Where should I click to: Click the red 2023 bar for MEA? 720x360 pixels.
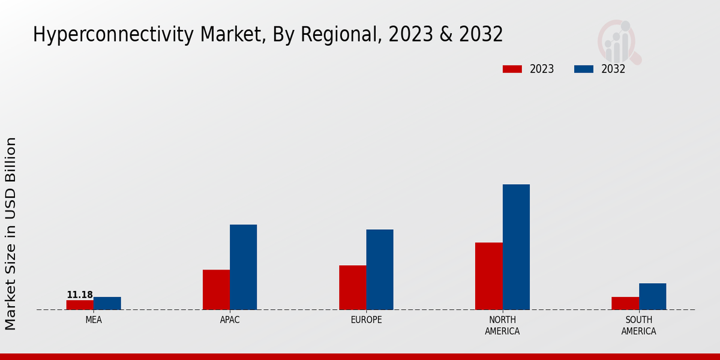pyautogui.click(x=80, y=305)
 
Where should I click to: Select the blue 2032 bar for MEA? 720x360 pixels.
pyautogui.click(x=107, y=303)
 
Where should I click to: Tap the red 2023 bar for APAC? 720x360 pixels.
pyautogui.click(x=216, y=290)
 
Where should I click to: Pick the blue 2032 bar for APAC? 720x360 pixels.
pyautogui.click(x=243, y=267)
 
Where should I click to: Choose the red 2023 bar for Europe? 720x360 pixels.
pyautogui.click(x=352, y=287)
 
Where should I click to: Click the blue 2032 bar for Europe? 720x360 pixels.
pyautogui.click(x=380, y=269)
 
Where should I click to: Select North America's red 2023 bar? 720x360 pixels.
pyautogui.click(x=488, y=276)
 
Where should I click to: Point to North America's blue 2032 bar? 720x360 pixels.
pyautogui.click(x=516, y=247)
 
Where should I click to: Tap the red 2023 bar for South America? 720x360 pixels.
pyautogui.click(x=625, y=303)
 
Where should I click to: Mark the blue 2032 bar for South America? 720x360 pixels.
pyautogui.click(x=652, y=296)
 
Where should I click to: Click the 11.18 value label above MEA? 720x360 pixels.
pyautogui.click(x=80, y=295)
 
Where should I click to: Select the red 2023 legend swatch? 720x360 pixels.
pyautogui.click(x=512, y=69)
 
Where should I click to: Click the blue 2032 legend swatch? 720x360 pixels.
pyautogui.click(x=584, y=69)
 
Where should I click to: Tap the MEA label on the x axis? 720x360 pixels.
pyautogui.click(x=94, y=320)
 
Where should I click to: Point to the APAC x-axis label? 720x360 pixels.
pyautogui.click(x=230, y=320)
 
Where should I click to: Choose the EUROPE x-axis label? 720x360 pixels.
pyautogui.click(x=366, y=320)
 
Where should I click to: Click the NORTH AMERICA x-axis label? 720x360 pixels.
pyautogui.click(x=502, y=325)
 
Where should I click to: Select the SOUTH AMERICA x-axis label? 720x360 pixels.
pyautogui.click(x=638, y=325)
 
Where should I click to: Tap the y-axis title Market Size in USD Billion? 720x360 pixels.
pyautogui.click(x=11, y=233)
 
